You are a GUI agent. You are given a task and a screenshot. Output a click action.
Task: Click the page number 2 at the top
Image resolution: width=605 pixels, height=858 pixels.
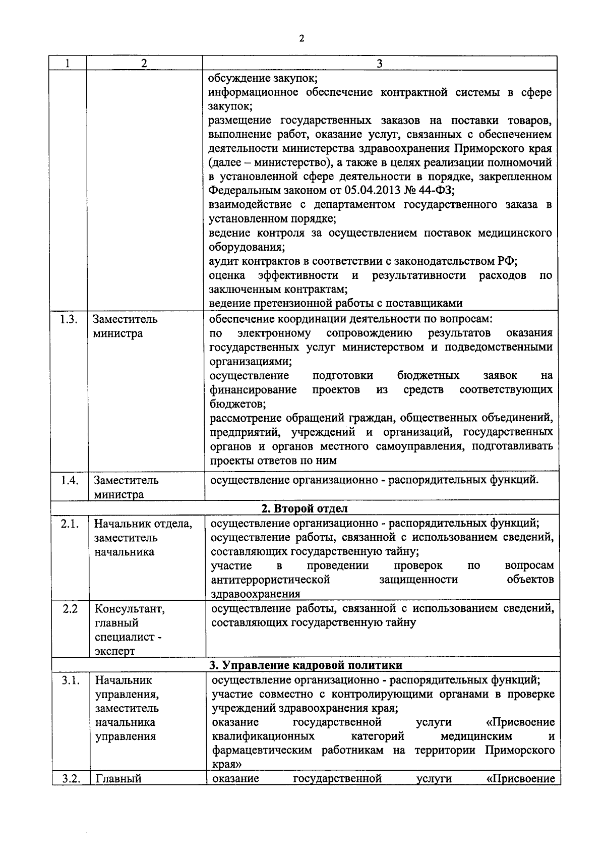tap(301, 38)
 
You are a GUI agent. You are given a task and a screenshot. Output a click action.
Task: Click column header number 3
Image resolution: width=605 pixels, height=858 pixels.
tap(380, 64)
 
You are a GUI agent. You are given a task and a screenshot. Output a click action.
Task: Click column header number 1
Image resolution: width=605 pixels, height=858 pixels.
tap(68, 64)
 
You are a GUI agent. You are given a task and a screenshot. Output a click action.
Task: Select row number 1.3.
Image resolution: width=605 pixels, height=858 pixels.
tap(68, 319)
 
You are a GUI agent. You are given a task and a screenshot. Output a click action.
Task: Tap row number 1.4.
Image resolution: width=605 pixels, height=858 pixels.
tap(69, 480)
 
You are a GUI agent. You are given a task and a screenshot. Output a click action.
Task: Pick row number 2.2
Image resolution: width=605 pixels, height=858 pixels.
tap(70, 609)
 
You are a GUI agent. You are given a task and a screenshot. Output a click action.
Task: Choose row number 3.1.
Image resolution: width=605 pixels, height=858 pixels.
tap(71, 680)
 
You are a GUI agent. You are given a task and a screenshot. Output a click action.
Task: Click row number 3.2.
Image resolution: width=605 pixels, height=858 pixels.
tap(71, 779)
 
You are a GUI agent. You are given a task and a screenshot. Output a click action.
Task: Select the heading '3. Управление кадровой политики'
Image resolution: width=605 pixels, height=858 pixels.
tap(306, 665)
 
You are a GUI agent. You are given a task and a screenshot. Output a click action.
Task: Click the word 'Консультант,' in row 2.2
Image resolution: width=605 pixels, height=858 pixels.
tap(129, 609)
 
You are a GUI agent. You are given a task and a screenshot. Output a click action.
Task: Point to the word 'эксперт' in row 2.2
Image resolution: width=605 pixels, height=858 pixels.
tap(115, 651)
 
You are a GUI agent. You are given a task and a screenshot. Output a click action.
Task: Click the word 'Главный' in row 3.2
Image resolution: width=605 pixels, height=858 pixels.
tap(118, 779)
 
